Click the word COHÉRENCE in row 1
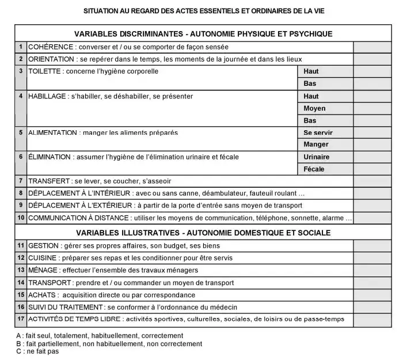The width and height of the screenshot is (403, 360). tap(50, 46)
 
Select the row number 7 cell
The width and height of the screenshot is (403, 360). tap(21, 181)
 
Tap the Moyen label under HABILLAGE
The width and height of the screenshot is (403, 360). tap(314, 108)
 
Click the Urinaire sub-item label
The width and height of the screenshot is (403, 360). tap(317, 157)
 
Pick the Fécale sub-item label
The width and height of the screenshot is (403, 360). tap(314, 169)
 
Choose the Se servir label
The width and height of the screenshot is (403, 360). tap(318, 132)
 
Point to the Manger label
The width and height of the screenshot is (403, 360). tap(316, 145)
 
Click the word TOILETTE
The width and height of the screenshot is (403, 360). tap(45, 71)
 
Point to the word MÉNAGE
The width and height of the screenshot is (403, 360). tap(43, 270)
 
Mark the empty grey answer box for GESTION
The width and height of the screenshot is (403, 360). tap(371, 245)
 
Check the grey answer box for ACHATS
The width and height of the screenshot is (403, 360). tap(371, 295)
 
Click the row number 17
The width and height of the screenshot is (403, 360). tap(21, 319)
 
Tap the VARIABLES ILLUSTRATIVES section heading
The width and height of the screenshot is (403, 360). tap(203, 233)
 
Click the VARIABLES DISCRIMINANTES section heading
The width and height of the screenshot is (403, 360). tap(203, 34)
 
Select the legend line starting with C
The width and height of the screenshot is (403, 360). tap(37, 351)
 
